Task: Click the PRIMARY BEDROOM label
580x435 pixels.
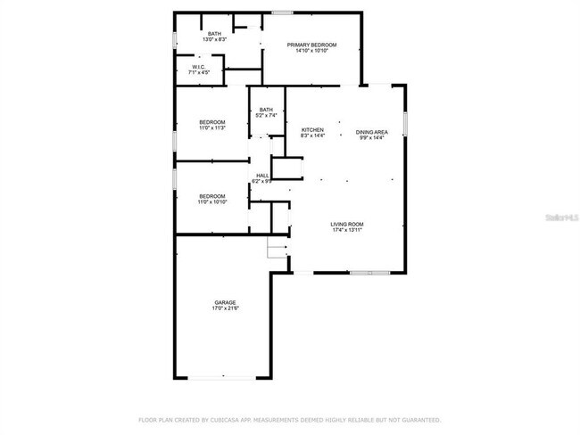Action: [311, 45]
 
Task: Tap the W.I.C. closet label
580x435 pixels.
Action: [200, 67]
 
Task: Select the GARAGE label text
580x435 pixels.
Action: [225, 302]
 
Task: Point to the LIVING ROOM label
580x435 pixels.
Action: [348, 224]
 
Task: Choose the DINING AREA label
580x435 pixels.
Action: [371, 131]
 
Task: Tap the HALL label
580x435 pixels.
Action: [262, 176]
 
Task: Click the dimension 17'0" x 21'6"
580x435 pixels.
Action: [225, 308]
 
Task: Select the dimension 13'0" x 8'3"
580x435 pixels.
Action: [215, 40]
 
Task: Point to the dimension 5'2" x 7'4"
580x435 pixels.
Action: [267, 116]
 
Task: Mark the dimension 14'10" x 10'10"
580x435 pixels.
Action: [311, 51]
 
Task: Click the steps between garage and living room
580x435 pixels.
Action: [277, 249]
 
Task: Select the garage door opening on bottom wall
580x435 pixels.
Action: [224, 378]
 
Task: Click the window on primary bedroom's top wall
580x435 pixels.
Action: [283, 12]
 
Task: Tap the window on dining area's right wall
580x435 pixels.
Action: [405, 121]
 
